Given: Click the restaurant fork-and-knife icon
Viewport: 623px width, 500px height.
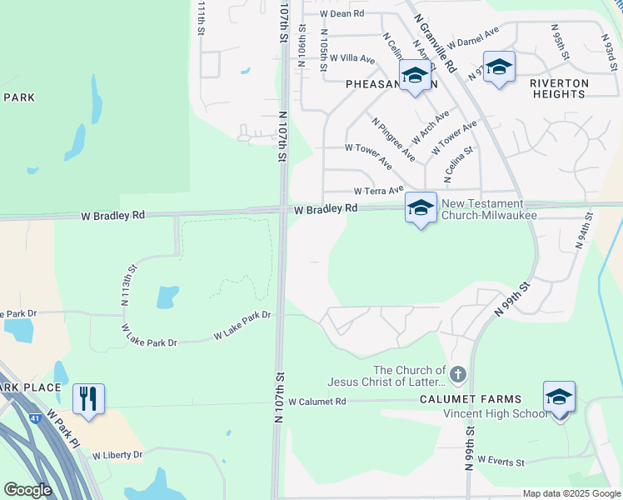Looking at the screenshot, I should (88, 398).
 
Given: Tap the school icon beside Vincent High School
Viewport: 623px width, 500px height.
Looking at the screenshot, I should (559, 397).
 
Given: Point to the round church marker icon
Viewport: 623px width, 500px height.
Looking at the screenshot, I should (458, 371).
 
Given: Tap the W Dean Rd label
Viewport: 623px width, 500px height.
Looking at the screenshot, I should (341, 13).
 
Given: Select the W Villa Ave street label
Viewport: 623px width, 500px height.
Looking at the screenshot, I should (352, 58).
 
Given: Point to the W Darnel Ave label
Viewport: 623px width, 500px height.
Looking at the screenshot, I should (472, 37).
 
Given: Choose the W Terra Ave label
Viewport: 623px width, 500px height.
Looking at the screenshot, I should (378, 190).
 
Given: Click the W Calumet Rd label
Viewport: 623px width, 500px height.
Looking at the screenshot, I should (316, 402).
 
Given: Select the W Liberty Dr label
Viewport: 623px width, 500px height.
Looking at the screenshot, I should (117, 455).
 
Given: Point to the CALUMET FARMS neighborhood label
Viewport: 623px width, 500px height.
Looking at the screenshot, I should (483, 400).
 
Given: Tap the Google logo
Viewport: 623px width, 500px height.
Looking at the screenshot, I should (27, 490).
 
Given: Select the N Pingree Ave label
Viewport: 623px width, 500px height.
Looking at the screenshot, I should (394, 139).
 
